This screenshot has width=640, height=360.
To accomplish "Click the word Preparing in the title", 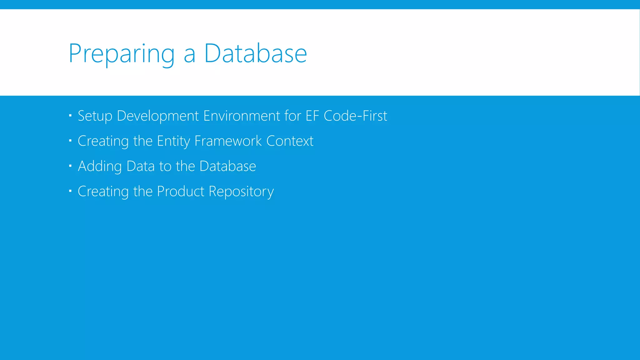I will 121,54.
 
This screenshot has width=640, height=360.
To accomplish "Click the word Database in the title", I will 255,54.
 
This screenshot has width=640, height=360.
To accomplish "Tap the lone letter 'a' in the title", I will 189,56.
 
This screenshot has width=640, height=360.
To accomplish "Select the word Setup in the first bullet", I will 95,116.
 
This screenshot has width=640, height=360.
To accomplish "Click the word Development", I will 157,116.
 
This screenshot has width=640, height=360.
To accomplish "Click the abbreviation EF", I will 312,116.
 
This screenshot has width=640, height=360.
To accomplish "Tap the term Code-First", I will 355,116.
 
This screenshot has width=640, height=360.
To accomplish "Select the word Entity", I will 173,141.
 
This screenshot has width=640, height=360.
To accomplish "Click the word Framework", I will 228,141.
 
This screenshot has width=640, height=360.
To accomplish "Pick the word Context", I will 290,141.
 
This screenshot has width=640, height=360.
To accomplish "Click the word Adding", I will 100,166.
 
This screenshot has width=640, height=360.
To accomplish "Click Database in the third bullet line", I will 227,166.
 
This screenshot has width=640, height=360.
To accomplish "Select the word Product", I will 180,191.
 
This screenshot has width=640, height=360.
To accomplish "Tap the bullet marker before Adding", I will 70,166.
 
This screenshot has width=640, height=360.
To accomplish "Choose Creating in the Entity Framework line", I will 103,141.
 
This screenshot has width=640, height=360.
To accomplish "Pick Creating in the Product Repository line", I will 103,191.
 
